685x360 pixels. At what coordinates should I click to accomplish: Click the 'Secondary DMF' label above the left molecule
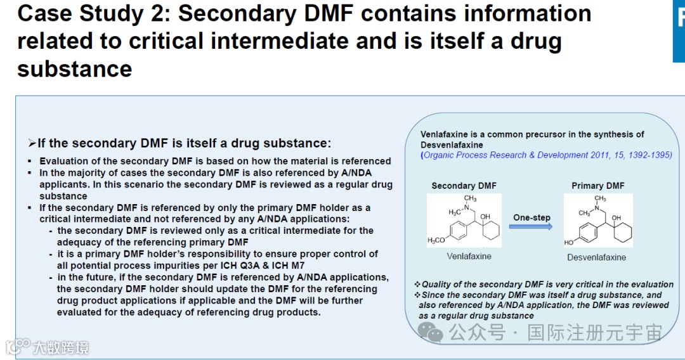click(x=464, y=186)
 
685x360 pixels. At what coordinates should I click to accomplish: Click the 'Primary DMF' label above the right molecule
click(x=597, y=186)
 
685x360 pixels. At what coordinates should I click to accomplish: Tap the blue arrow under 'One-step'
click(x=531, y=227)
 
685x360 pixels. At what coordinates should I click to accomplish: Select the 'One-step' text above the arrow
click(x=532, y=217)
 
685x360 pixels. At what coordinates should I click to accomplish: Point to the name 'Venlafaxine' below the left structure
click(x=469, y=256)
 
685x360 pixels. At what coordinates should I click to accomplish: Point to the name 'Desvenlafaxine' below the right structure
click(x=596, y=257)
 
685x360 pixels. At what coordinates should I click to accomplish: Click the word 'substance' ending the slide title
click(x=74, y=68)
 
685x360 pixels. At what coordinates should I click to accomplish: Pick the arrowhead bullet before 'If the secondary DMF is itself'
click(x=32, y=144)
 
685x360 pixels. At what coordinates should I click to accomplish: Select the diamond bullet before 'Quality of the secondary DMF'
click(x=417, y=285)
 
